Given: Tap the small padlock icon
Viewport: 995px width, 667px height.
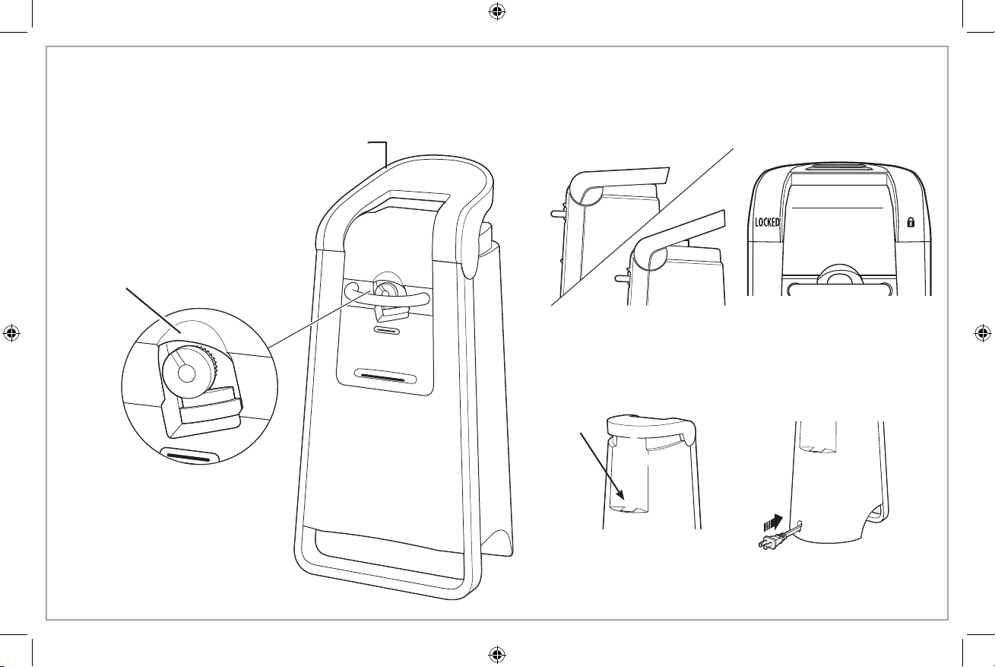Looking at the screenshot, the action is coord(909,223).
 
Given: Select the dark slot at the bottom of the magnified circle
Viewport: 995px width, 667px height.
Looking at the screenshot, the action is coord(189,458).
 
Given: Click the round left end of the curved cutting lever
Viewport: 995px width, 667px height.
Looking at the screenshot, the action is coord(352,290).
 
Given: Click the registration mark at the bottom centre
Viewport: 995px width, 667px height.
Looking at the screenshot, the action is coord(496,653).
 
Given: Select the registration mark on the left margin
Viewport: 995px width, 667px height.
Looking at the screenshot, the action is coord(11,332).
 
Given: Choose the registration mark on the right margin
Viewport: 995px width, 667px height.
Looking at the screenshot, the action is coord(983,332).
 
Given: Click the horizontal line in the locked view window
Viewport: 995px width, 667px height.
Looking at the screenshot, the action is coord(838,206).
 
